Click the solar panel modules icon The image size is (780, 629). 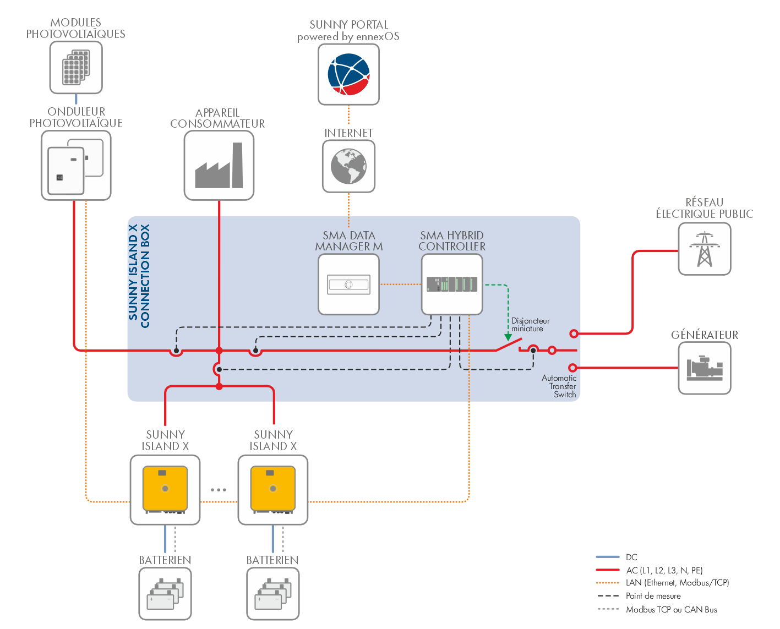(x=76, y=67)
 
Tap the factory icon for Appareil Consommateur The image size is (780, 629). (x=219, y=166)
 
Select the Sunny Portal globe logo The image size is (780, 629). (x=348, y=74)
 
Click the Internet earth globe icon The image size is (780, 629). (x=348, y=166)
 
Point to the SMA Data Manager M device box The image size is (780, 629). (x=348, y=285)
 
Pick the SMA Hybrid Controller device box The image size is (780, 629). (x=452, y=284)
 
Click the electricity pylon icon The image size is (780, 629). (x=705, y=249)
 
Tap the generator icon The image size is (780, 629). (x=705, y=368)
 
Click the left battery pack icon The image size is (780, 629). (x=165, y=594)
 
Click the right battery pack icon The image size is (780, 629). (x=273, y=594)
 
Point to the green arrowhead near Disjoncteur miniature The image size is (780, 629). (x=508, y=337)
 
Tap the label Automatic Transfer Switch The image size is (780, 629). (x=560, y=386)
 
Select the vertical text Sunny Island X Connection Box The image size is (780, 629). (x=139, y=276)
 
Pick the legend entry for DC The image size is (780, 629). (x=631, y=557)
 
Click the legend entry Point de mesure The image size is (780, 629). (x=653, y=596)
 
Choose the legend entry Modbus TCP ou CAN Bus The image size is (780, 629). (x=671, y=610)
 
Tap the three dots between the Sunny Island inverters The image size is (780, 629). (x=219, y=490)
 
